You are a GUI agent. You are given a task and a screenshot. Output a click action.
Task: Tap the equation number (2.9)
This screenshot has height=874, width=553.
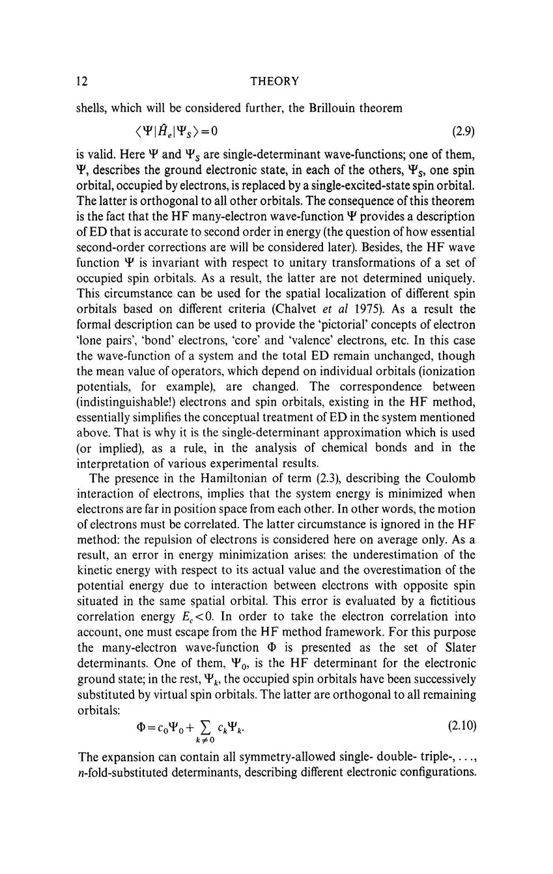462,132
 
